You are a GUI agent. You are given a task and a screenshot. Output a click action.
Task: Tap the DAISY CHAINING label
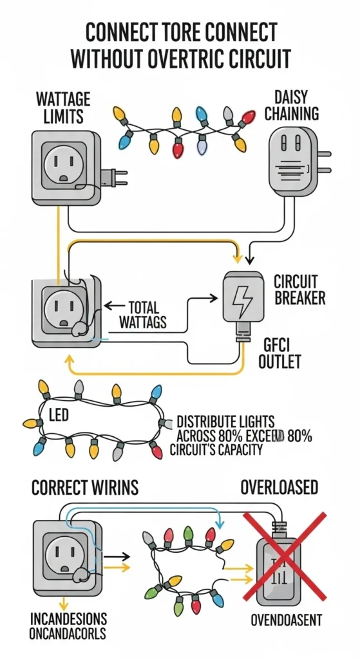(292, 105)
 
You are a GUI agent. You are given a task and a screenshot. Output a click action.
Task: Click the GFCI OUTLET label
(280, 352)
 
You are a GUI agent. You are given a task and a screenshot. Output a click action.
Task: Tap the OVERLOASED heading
(279, 487)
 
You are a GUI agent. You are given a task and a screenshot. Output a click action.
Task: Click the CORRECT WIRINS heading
(85, 487)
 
